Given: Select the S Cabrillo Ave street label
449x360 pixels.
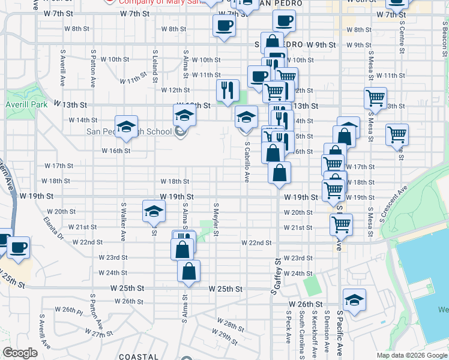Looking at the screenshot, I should [x=247, y=161].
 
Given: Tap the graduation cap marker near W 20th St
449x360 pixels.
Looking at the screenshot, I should [x=154, y=211].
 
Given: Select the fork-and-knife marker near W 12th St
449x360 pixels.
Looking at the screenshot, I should [x=228, y=90].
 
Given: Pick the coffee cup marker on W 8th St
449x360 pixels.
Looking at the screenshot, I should [x=224, y=25].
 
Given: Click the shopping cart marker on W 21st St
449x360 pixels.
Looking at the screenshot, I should [x=341, y=224].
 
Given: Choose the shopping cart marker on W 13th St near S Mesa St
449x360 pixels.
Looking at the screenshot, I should [x=375, y=97].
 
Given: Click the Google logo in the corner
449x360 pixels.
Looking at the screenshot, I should [x=20, y=352].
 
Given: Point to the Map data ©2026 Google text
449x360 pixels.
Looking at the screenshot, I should [x=411, y=355].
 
